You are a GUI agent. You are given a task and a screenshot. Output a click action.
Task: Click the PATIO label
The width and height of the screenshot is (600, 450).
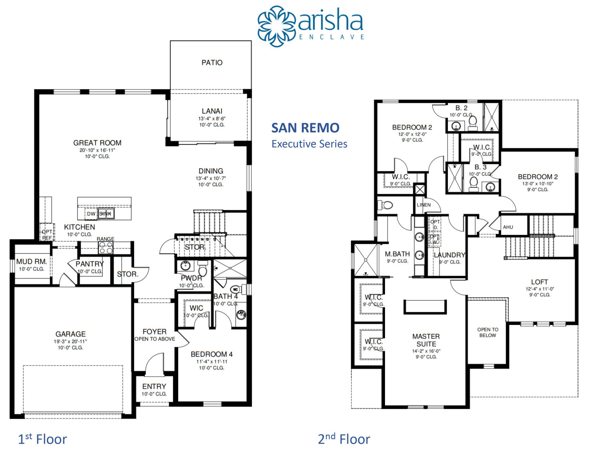[x=212, y=62]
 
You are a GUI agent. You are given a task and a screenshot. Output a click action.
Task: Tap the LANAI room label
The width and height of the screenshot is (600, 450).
[x=212, y=111]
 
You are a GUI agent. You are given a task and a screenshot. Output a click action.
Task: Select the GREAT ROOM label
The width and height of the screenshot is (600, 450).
[x=97, y=143]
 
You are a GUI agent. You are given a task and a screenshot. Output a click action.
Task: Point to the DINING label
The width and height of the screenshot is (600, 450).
[x=211, y=171]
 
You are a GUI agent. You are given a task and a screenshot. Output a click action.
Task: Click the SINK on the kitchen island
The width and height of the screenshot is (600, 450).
[x=106, y=214]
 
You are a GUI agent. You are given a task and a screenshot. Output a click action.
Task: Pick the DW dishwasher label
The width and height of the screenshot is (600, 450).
[x=91, y=214]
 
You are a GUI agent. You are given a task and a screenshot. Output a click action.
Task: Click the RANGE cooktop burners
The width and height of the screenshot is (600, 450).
[x=106, y=248]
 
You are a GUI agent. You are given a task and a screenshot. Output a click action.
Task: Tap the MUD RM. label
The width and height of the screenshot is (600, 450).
[x=32, y=262]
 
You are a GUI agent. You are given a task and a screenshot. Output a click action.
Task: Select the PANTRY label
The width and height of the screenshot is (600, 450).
[x=90, y=264]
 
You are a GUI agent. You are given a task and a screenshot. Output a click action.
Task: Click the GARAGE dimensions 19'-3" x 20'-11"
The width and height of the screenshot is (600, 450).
[x=70, y=341]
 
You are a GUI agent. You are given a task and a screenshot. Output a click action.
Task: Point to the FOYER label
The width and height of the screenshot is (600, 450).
[x=154, y=332]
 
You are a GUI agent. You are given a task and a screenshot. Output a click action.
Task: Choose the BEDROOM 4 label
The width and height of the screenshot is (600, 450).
[x=212, y=354]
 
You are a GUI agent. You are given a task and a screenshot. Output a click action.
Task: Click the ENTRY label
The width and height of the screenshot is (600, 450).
[x=154, y=387]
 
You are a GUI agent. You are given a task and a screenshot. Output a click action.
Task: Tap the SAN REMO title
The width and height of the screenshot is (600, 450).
[x=305, y=128]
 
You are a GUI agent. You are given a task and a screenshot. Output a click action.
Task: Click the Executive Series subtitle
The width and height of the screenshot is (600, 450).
[x=309, y=144]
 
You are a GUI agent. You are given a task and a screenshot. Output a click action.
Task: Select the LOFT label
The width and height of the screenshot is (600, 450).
[x=539, y=282]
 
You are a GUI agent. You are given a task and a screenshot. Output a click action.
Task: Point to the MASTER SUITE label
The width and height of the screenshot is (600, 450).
[x=426, y=340]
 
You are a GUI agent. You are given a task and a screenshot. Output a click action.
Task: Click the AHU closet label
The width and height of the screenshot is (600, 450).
[x=508, y=227]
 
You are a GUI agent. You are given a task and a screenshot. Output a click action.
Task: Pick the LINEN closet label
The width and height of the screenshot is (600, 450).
[x=424, y=205]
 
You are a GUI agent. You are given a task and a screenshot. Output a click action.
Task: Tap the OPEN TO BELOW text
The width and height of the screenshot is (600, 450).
[x=487, y=332]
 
